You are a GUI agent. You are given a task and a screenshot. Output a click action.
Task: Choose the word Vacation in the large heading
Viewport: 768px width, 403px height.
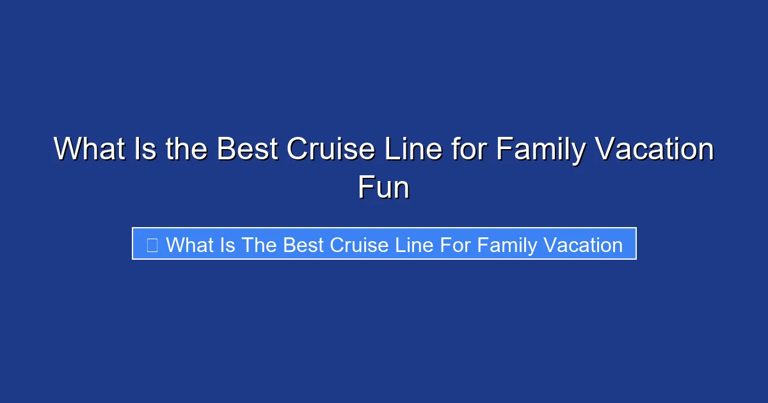point(652,150)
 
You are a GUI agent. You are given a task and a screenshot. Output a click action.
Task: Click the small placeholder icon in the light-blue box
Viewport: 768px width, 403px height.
point(152,245)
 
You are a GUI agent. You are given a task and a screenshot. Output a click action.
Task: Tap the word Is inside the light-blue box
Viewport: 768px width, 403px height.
point(227,245)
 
